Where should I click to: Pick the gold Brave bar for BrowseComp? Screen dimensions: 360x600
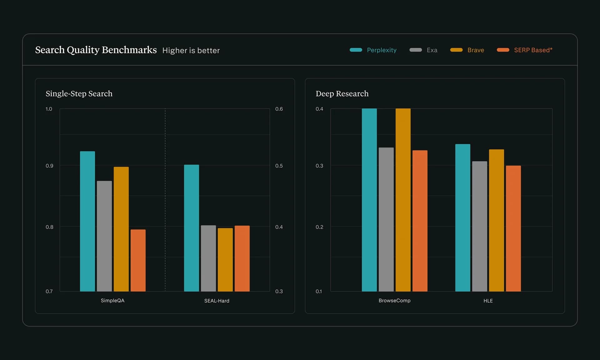[403, 200]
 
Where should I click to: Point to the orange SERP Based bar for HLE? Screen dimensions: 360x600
[513, 228]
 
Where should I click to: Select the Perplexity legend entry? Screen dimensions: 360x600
[381, 50]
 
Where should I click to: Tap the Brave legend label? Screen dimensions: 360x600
[476, 50]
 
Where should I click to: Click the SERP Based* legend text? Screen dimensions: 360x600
[533, 50]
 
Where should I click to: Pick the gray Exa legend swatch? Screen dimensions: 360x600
[416, 50]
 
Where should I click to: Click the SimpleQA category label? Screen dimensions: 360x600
[112, 301]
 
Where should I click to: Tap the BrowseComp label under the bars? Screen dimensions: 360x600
[394, 301]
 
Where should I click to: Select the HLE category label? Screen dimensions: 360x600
[488, 301]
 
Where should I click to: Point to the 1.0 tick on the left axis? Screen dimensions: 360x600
[49, 109]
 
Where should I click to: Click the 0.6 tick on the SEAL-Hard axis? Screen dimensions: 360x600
[279, 109]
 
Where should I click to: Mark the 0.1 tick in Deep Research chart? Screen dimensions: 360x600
[318, 292]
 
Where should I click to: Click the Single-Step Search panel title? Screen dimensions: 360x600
[79, 94]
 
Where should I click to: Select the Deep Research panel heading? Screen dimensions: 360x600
[342, 94]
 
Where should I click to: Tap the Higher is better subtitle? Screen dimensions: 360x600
[191, 51]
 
